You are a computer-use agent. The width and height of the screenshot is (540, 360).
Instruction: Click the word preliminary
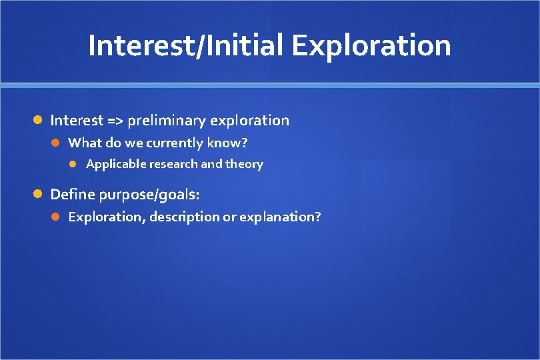point(166,121)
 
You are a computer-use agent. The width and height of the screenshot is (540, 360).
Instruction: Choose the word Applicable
point(116,164)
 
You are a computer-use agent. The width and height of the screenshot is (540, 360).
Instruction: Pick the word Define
point(72,195)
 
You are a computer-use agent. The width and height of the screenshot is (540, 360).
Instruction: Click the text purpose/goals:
point(149,195)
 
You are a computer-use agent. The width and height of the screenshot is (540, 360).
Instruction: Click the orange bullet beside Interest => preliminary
point(39,121)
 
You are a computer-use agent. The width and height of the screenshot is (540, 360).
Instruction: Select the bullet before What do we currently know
point(57,143)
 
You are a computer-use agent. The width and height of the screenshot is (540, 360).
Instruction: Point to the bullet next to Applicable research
point(75,164)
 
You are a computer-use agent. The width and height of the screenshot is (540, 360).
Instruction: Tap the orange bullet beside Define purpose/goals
point(39,195)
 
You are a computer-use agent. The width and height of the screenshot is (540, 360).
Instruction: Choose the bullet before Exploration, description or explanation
point(57,217)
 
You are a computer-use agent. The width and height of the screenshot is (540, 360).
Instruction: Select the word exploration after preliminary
point(249,121)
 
